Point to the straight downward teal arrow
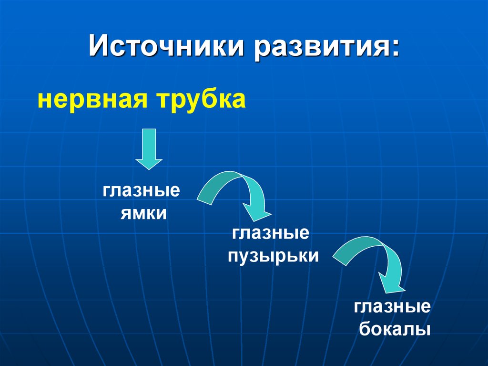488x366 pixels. point(149,149)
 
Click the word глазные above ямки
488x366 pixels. point(141,190)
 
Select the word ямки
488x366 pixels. point(143,214)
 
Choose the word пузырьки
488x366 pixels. point(273,257)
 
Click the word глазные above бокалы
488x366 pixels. point(392,306)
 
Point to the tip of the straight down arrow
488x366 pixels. point(149,169)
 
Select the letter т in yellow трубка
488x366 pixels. point(163,101)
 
